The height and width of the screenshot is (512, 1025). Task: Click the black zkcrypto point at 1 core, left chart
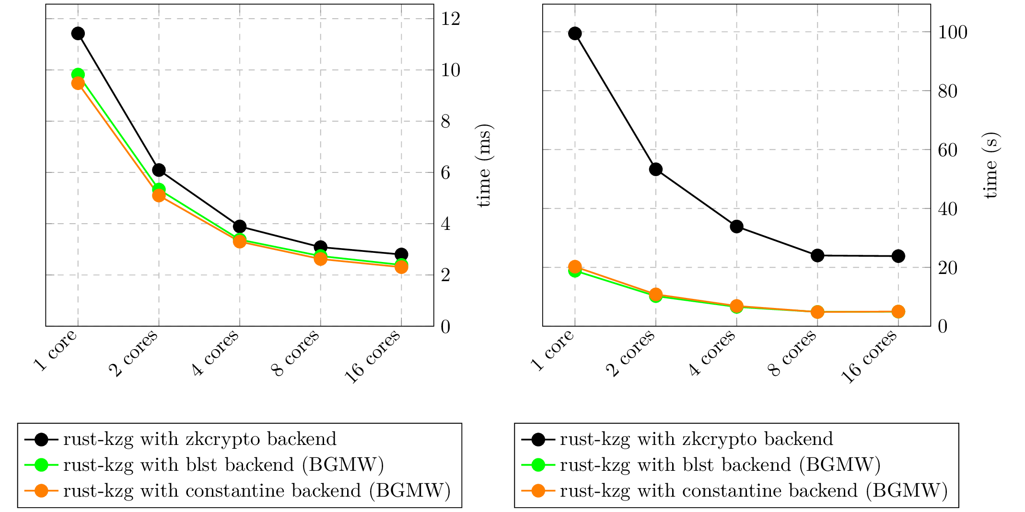click(x=78, y=34)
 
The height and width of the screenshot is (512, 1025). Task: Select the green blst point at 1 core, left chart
click(x=78, y=74)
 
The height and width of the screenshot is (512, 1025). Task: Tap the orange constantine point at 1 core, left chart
click(x=78, y=83)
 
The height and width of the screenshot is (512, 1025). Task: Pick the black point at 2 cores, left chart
click(x=159, y=170)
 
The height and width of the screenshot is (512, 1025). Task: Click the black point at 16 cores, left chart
click(x=401, y=254)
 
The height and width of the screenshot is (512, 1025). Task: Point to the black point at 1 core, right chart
click(x=575, y=34)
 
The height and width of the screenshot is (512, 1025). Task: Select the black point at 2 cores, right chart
click(x=656, y=169)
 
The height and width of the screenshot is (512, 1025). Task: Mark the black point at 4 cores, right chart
click(x=737, y=227)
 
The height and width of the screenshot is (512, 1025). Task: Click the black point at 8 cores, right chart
click(x=817, y=255)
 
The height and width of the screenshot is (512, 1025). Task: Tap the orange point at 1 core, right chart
click(x=575, y=267)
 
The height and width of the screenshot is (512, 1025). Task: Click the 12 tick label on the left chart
click(x=451, y=19)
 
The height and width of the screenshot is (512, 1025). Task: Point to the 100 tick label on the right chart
click(x=952, y=33)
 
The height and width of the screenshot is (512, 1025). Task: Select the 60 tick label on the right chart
click(x=947, y=150)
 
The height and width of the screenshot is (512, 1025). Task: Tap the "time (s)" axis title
click(x=990, y=166)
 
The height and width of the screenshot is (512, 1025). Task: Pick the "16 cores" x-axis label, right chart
click(x=869, y=357)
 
